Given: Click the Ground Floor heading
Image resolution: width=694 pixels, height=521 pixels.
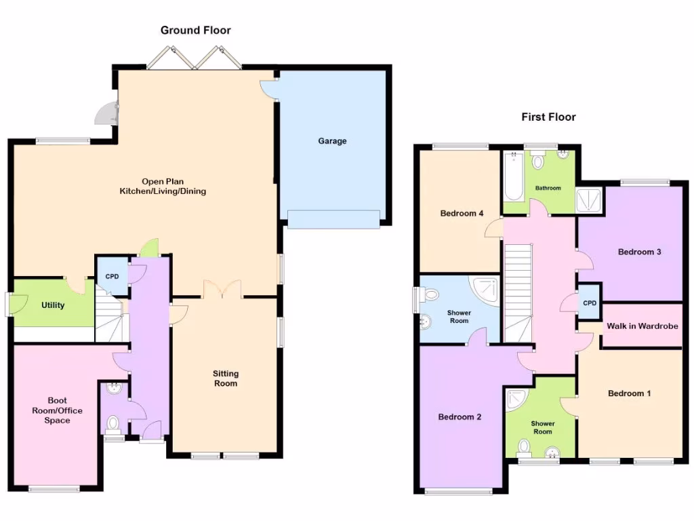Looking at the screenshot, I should coord(195,31).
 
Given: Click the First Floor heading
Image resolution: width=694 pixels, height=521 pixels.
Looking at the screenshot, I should coord(548,117).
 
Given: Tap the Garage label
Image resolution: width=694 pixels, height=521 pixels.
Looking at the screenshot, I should coord(332,141).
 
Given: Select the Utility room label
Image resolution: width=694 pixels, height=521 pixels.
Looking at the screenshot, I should coord(53,305).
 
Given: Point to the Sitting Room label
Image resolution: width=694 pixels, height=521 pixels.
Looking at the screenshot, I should coord(226,379).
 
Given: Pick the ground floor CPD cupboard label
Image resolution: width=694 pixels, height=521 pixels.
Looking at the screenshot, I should coord(111,276).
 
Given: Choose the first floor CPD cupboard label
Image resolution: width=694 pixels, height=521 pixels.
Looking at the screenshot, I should coord(590,303).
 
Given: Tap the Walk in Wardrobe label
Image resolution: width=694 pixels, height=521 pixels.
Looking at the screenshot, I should coord(642,326).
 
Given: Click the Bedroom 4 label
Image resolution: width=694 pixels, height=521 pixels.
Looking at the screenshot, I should coord(462,214).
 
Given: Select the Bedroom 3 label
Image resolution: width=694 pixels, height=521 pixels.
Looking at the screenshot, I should coord(639,252).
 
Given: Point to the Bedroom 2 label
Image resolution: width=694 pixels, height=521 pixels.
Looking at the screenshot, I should coord(459,417).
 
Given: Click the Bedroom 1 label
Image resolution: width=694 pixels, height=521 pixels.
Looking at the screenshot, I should coord(629,393).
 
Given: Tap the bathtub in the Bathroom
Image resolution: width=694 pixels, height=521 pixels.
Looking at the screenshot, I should coord(514,176).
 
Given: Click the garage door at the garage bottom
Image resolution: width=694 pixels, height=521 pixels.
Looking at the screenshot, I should coord(333,219).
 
